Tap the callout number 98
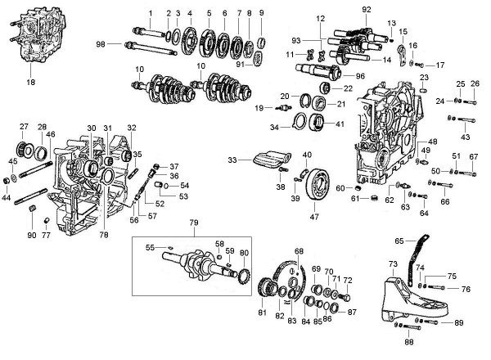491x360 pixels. tap(101, 43)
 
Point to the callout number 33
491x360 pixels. tap(233, 160)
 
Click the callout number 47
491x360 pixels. tap(313, 218)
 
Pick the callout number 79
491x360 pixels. tap(194, 223)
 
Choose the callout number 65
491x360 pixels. tap(399, 241)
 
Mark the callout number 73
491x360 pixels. tap(392, 263)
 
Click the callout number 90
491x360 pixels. tap(31, 235)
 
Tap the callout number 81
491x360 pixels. tap(263, 312)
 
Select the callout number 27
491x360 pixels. tap(24, 126)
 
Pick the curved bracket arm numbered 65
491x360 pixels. tap(422, 246)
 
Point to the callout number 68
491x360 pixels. tap(300, 250)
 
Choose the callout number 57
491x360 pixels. tap(152, 215)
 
